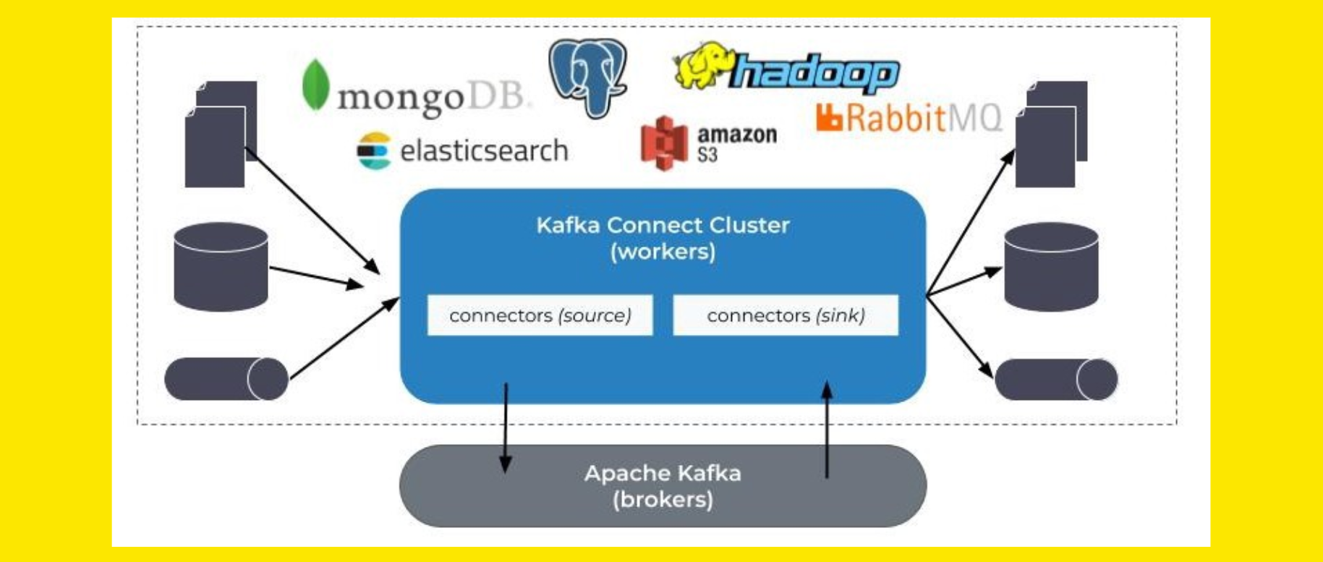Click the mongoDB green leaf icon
[315, 85]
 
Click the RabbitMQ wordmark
[910, 118]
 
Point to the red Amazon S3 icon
[664, 143]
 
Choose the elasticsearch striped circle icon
[374, 151]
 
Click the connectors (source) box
[540, 315]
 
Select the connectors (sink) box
[786, 315]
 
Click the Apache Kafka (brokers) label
[663, 486]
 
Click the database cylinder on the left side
[221, 267]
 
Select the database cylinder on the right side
[1051, 267]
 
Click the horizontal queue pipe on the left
[226, 378]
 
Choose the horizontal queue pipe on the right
[1056, 378]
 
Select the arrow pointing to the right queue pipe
[960, 336]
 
